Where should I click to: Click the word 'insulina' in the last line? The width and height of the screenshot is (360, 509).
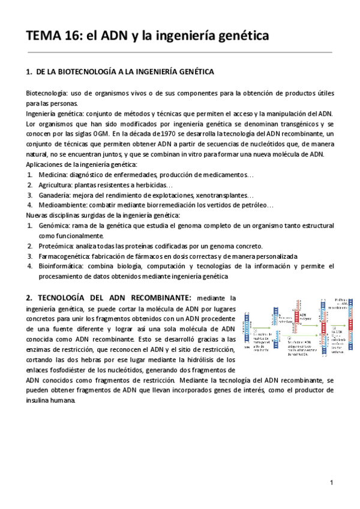coord(39,400)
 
